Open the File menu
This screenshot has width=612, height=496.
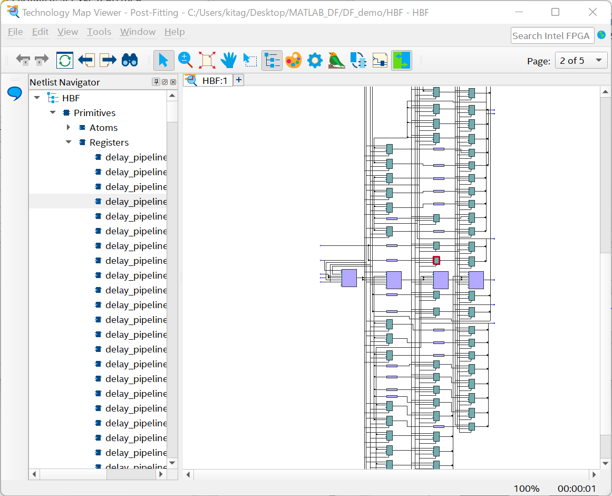[x=15, y=32]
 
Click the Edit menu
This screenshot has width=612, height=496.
[x=40, y=32]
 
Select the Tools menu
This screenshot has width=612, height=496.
[x=99, y=32]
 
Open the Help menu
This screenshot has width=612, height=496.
[x=174, y=32]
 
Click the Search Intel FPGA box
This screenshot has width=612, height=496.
[x=552, y=36]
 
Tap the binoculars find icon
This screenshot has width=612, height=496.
[x=130, y=60]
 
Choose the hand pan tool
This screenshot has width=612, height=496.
[x=228, y=60]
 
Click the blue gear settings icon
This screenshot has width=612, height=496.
[x=315, y=60]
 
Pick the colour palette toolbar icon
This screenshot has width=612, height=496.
[x=293, y=60]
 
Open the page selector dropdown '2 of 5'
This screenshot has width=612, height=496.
[x=581, y=61]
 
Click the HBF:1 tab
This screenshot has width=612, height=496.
[x=209, y=80]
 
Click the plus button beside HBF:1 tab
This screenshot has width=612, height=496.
[x=239, y=80]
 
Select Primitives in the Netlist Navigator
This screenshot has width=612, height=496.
[x=94, y=113]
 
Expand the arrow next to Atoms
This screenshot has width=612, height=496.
[x=68, y=128]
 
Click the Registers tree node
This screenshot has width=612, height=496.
[x=109, y=142]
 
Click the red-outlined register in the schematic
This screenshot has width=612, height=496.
[x=436, y=260]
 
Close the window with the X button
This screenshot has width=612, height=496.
[x=593, y=12]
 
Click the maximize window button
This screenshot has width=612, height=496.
[x=555, y=12]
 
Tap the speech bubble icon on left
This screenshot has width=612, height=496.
[x=14, y=94]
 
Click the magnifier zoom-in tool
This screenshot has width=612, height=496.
[x=185, y=60]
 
